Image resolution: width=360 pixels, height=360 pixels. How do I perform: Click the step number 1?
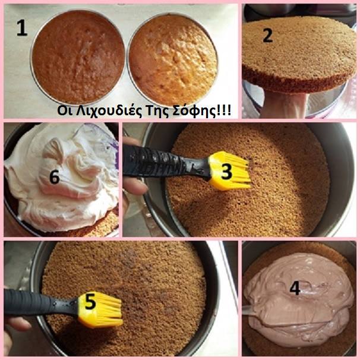(22, 28)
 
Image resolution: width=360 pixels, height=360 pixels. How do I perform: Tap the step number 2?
(268, 35)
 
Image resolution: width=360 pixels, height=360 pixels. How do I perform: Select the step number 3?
(226, 172)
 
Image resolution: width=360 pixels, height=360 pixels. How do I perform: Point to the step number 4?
(295, 288)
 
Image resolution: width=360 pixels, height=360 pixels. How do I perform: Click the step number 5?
(90, 301)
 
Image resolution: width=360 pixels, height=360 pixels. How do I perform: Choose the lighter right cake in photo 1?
(173, 60)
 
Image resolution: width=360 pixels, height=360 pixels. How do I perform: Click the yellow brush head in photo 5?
(100, 309)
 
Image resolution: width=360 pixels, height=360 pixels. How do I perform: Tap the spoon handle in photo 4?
(248, 311)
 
